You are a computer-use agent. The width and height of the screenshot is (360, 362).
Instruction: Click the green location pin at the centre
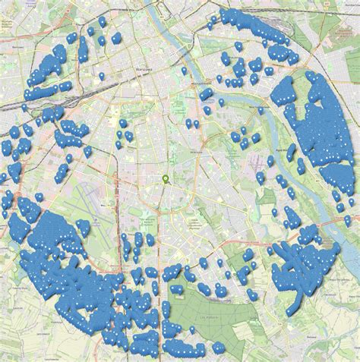pos(166,180)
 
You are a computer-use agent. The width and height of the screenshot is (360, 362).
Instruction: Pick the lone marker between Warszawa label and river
pos(184,71)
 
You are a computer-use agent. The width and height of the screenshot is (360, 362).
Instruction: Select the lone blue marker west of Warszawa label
pos(101,77)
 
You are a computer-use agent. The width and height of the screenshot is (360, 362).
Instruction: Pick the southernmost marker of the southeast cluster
pos(293,310)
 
